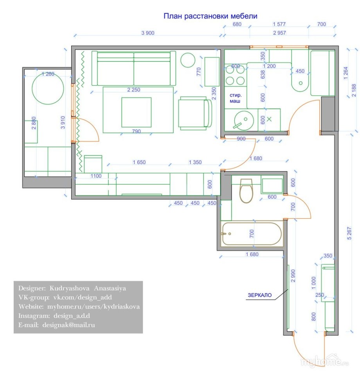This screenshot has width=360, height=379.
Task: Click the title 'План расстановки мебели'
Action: tap(210, 16)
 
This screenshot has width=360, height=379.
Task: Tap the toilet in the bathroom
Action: tap(246, 191)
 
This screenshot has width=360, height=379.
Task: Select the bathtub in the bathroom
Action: tap(252, 234)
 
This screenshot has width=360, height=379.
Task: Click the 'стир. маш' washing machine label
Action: tap(235, 98)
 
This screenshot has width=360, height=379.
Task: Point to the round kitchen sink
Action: tap(244, 120)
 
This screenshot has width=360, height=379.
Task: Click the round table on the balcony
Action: tap(48, 88)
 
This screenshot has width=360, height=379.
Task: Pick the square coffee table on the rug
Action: tap(136, 112)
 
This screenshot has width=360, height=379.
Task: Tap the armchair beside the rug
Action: tap(195, 113)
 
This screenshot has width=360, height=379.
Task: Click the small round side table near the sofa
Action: tap(188, 60)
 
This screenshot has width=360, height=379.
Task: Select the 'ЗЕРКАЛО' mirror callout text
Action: tap(259, 295)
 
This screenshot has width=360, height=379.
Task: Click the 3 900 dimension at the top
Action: tap(148, 33)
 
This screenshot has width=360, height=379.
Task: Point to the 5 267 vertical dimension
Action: tap(349, 233)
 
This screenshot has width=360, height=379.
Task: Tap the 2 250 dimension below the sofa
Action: tap(134, 90)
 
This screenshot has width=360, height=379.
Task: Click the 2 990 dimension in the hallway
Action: tap(293, 276)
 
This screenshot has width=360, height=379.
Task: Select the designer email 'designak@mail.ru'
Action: tap(68, 325)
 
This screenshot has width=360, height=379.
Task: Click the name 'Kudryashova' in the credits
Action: tap(69, 288)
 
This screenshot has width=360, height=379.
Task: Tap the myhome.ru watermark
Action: tap(324, 361)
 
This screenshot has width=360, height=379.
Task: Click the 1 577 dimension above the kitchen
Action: tap(279, 24)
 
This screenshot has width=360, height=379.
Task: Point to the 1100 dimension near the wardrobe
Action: tap(96, 176)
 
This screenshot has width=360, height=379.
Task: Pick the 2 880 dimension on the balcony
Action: tap(34, 123)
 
